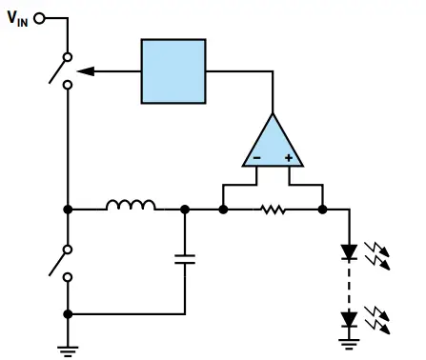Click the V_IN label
(18, 17)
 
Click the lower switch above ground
(63, 259)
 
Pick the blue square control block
(172, 70)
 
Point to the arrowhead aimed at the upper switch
(81, 70)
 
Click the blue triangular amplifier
(272, 143)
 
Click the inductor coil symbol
(132, 205)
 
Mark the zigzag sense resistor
(273, 209)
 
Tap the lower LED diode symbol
(350, 316)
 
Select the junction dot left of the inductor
(68, 209)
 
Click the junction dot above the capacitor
(185, 209)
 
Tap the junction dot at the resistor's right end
(323, 209)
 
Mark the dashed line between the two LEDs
(350, 284)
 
